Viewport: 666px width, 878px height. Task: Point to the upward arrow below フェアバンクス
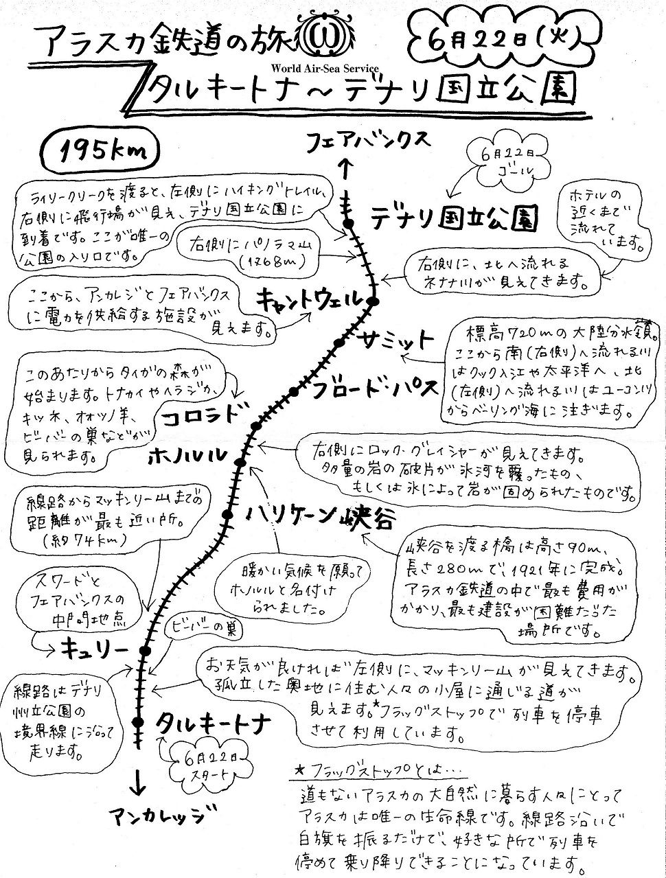[x=347, y=167]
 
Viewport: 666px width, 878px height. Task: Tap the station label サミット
[x=396, y=340]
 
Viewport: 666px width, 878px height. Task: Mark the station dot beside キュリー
[x=145, y=650]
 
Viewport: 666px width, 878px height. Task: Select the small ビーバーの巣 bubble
[x=194, y=627]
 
